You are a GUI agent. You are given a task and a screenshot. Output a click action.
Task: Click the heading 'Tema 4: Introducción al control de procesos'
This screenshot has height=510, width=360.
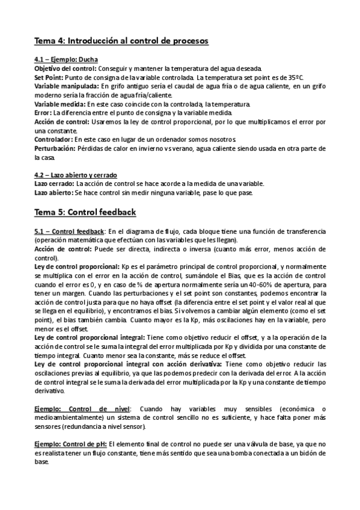(121, 41)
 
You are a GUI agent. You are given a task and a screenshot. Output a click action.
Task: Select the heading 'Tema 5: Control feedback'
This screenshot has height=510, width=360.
(85, 212)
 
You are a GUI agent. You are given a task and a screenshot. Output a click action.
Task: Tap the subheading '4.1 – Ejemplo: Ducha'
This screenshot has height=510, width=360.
(66, 61)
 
